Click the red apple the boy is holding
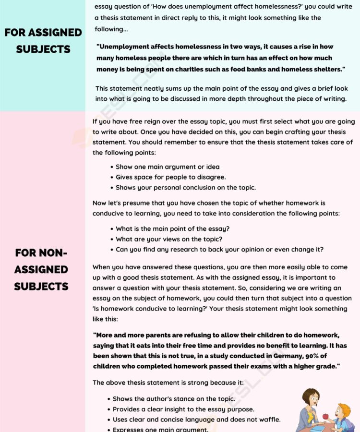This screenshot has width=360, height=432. [325, 417]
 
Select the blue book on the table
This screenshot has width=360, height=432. [318, 428]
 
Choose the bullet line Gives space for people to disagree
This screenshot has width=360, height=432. [170, 177]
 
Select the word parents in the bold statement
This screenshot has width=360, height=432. [158, 335]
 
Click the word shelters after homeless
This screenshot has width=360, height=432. [326, 70]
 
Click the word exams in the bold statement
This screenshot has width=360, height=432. [243, 366]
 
